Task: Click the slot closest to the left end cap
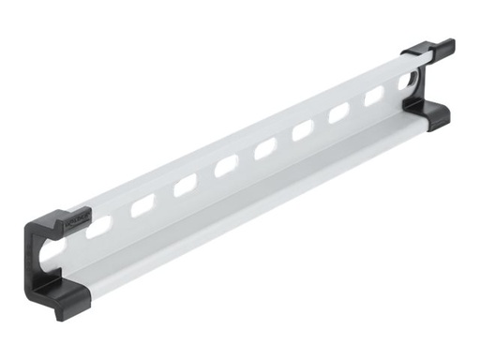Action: pos(98,226)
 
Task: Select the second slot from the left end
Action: pos(142,205)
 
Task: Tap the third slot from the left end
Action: pos(185,186)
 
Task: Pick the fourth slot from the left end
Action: pos(226,167)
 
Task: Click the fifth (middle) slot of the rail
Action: pos(265,148)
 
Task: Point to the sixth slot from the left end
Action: pos(303,130)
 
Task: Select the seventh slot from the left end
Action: pos(339,112)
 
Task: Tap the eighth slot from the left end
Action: pos(374,96)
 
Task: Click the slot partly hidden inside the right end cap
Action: pos(406,82)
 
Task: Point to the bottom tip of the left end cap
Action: pos(58,312)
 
